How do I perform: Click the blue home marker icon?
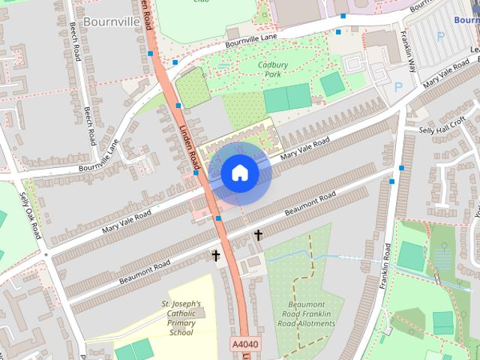point(239,173)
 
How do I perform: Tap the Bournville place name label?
point(113,21)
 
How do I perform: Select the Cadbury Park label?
point(273,70)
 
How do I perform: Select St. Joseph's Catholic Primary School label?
point(181,318)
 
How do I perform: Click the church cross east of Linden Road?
point(258,235)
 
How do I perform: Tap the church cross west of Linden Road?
point(216,256)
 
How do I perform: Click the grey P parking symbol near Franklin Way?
point(398,88)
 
